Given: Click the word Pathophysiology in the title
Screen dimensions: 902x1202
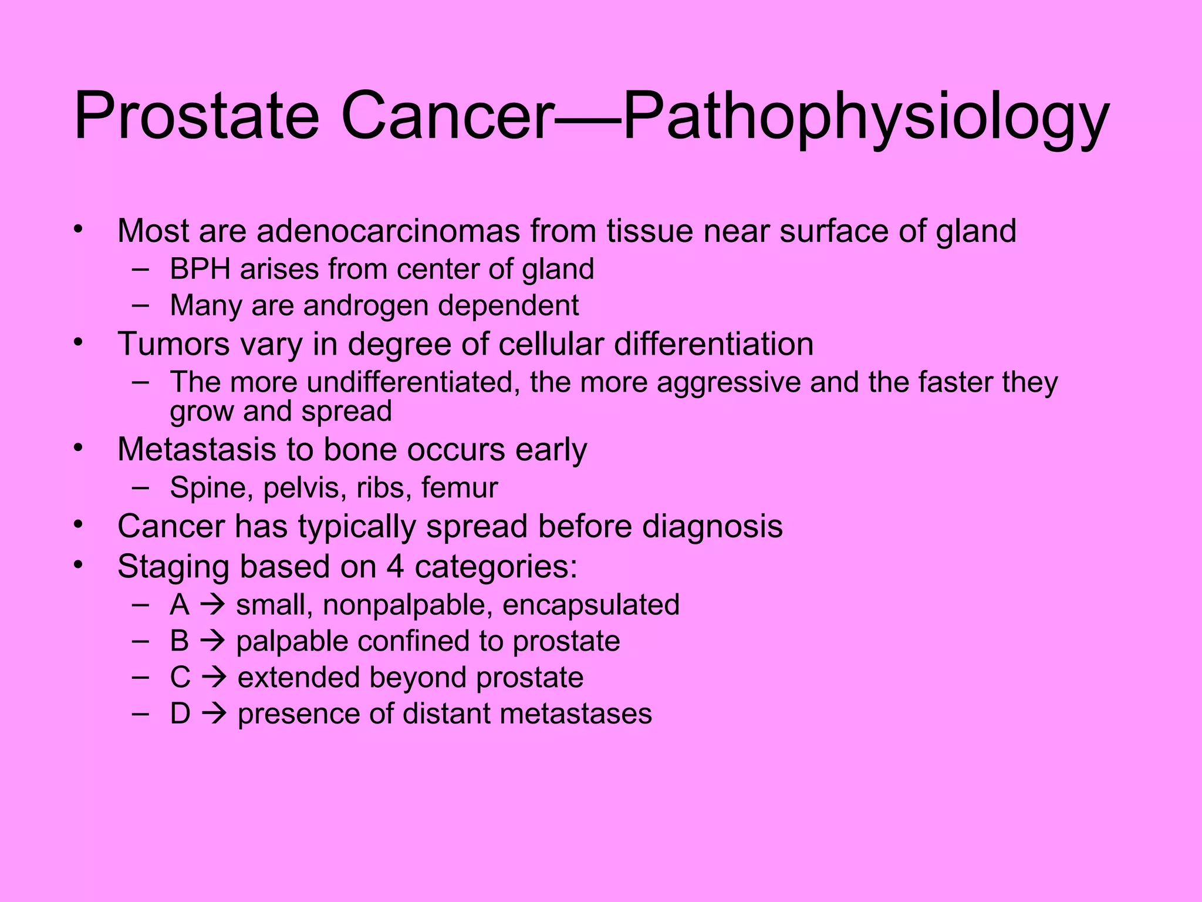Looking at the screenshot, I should click(x=865, y=116).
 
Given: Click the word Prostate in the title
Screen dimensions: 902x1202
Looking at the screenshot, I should click(x=197, y=116).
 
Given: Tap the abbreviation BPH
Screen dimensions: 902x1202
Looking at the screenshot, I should click(x=200, y=270).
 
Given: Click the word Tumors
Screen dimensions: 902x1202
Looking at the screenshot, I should click(x=174, y=344).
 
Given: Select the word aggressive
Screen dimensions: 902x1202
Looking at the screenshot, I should click(x=728, y=382).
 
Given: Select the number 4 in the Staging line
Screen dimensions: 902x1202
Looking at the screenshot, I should click(x=395, y=567).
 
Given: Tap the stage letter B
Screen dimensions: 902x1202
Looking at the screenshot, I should click(x=180, y=641).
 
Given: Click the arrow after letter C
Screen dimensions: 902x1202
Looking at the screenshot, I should click(x=214, y=678).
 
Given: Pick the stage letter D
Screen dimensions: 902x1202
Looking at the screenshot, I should click(x=180, y=714).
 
